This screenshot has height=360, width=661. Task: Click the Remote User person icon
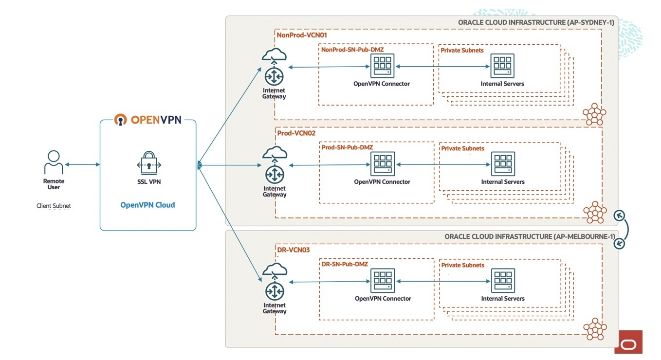(54, 162)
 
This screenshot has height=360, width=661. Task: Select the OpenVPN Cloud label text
(147, 205)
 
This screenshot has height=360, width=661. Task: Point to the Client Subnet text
(54, 206)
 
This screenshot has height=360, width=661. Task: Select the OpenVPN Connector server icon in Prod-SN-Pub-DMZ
(383, 164)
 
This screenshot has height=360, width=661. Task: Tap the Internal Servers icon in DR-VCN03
(503, 281)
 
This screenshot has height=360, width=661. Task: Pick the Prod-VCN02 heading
(294, 133)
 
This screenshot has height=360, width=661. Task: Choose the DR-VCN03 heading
(293, 250)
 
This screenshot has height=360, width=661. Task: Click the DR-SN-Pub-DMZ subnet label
(345, 264)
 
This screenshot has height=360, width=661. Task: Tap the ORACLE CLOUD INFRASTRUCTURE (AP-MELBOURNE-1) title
(530, 236)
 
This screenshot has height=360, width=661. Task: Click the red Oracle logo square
(628, 342)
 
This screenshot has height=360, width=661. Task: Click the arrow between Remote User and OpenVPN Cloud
(82, 165)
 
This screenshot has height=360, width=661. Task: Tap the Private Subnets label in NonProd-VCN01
(462, 50)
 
